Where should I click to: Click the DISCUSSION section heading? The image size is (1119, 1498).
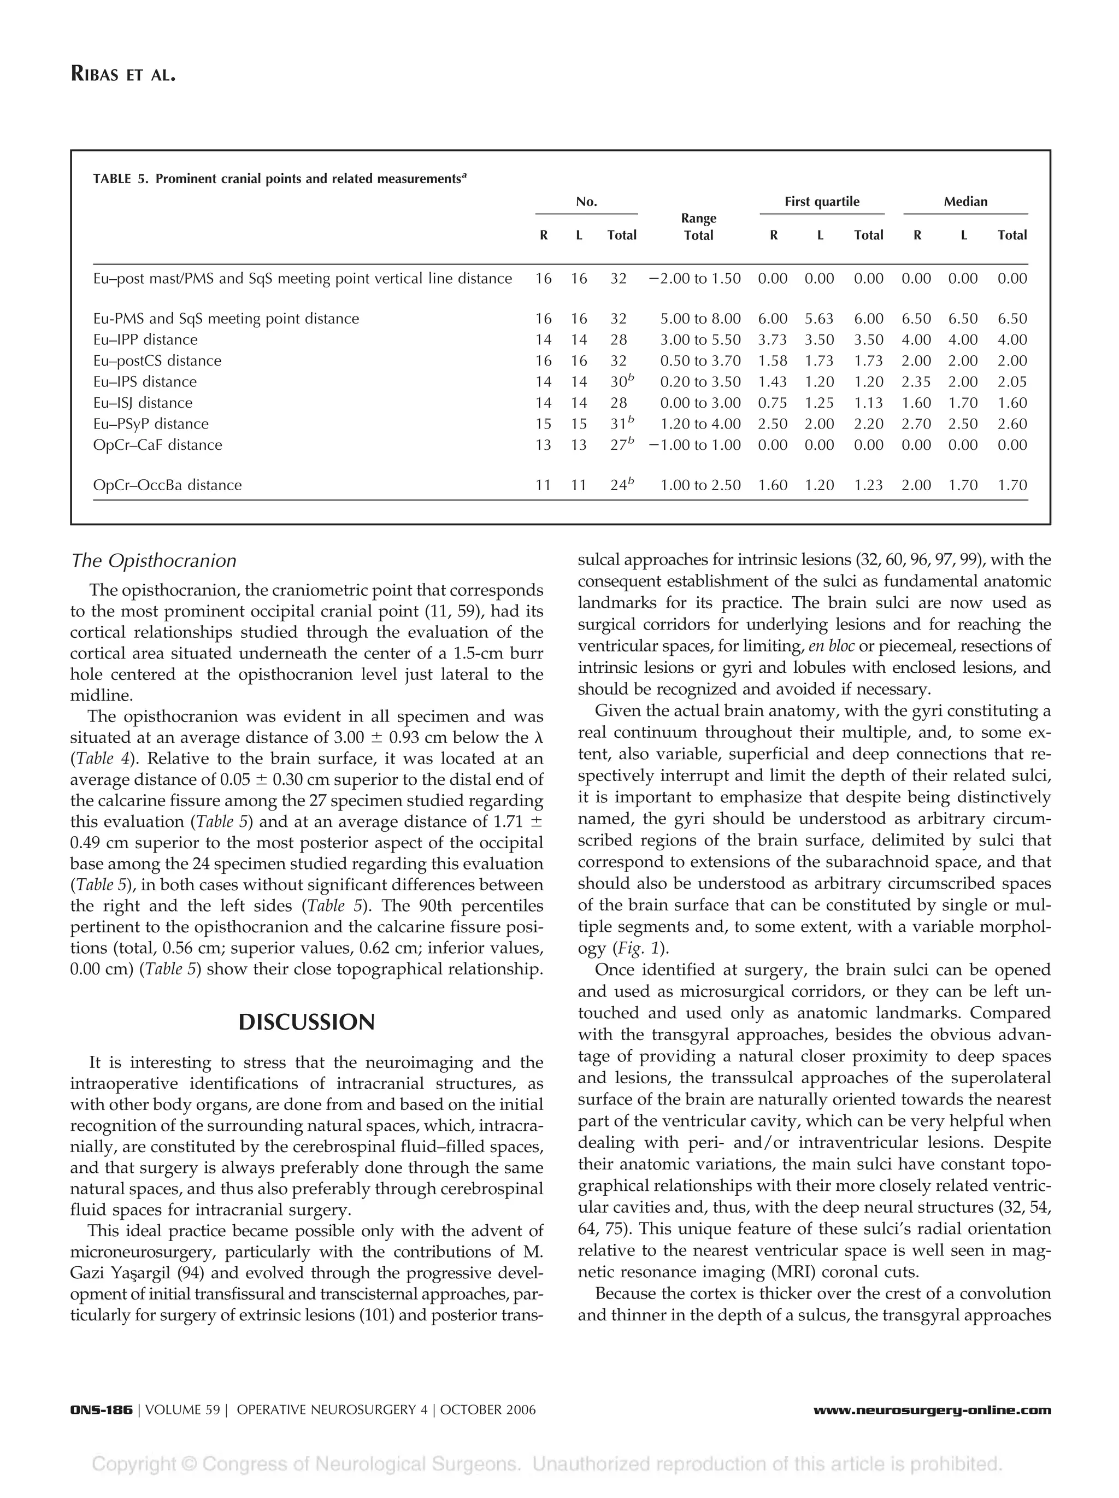click(306, 1022)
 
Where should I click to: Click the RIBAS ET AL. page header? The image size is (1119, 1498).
click(122, 74)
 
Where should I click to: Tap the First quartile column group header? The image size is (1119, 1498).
click(821, 202)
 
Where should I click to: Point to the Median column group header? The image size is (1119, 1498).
click(965, 202)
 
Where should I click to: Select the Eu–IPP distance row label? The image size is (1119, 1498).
click(145, 340)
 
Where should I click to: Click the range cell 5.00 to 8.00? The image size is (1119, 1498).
click(699, 319)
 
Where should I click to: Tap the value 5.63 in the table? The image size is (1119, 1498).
click(819, 319)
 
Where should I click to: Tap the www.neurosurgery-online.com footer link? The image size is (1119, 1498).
click(932, 1410)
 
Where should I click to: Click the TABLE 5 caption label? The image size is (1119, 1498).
click(119, 179)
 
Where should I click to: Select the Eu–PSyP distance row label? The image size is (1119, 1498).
click(150, 424)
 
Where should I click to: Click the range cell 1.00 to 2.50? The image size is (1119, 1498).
click(699, 485)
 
